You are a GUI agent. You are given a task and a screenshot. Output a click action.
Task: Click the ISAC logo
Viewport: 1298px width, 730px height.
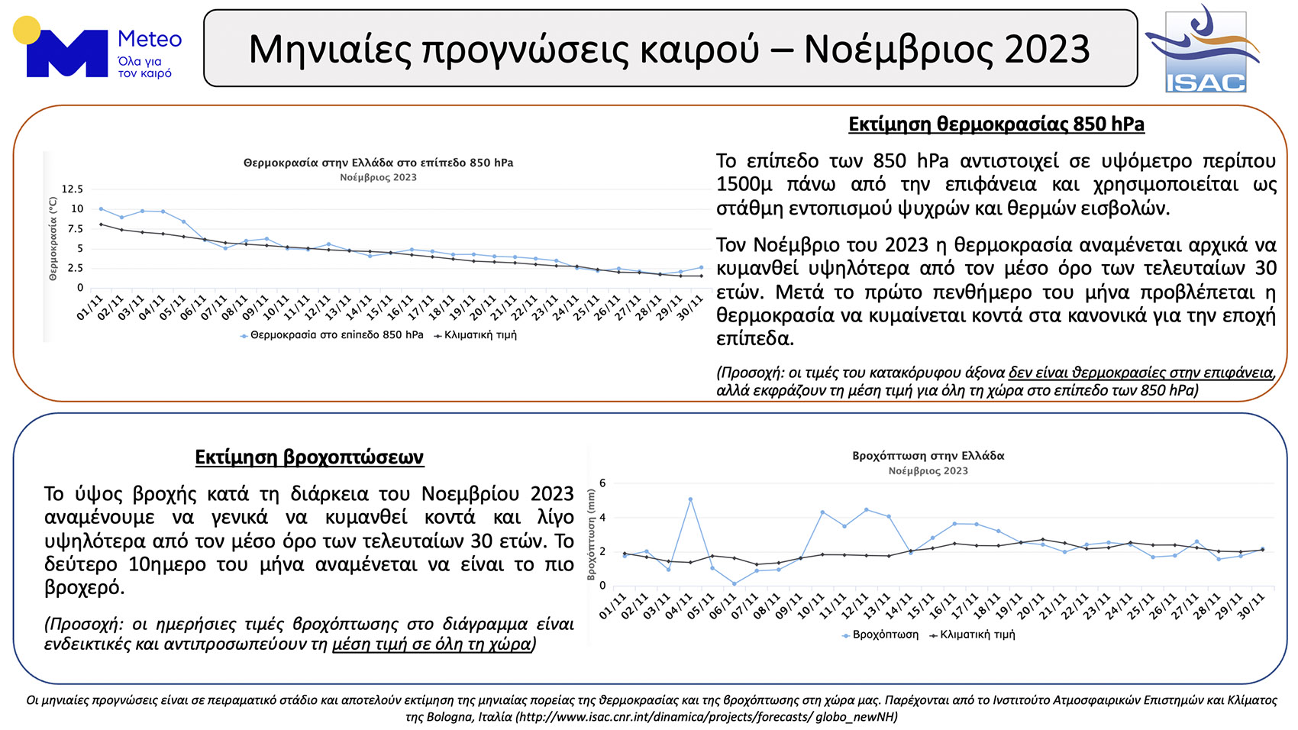point(1203,49)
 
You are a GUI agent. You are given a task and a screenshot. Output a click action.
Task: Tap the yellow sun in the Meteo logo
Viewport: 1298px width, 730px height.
point(27,30)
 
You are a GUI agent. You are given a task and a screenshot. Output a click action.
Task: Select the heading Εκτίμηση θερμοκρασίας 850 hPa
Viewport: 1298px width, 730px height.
point(996,124)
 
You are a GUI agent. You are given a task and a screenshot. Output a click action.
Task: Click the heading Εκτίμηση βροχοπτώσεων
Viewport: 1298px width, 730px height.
point(309,457)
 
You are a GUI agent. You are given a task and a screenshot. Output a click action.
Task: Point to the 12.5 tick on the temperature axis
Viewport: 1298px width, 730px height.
point(73,189)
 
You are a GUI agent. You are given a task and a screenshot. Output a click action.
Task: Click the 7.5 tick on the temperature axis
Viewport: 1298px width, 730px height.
point(76,229)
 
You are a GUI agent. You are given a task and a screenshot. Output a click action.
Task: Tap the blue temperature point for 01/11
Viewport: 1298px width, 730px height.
point(101,208)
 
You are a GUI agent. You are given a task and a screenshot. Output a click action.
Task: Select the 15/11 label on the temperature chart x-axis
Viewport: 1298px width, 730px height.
point(379,307)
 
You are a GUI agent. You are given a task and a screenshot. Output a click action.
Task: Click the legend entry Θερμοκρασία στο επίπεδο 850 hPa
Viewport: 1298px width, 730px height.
point(332,335)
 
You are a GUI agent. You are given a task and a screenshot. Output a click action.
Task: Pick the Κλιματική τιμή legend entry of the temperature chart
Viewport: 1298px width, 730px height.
point(475,335)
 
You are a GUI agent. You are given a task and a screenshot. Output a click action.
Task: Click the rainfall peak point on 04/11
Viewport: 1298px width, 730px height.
point(690,499)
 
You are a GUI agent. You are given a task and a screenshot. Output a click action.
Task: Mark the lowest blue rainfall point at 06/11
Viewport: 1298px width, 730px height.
point(735,584)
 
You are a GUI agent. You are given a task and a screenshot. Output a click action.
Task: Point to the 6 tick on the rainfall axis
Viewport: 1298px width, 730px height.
point(602,483)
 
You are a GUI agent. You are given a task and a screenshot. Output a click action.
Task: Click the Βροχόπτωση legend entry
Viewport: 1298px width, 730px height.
point(880,635)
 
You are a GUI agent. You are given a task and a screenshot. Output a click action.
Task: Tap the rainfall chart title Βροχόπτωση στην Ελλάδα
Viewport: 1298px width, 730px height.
point(928,456)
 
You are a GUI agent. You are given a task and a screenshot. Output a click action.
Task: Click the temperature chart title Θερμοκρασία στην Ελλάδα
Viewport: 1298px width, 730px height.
point(379,163)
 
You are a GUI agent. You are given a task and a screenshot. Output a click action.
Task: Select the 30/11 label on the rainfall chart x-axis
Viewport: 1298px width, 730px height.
point(1251,606)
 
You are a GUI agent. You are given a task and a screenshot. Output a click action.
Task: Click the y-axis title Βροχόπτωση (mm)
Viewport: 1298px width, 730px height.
point(591,535)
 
